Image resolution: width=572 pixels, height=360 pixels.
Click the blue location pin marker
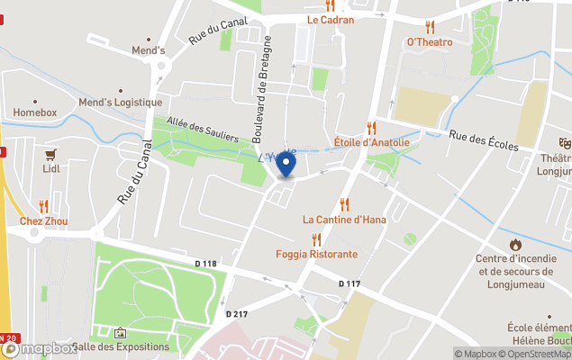(286, 165)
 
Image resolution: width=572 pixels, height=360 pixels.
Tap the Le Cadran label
(330, 19)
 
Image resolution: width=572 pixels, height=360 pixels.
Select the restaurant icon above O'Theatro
(430, 27)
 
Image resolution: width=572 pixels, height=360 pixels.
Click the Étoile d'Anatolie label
(371, 142)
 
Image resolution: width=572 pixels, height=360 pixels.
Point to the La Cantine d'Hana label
(344, 219)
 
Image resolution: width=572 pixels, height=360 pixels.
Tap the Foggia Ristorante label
(316, 254)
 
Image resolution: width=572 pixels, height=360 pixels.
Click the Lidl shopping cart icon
(50, 154)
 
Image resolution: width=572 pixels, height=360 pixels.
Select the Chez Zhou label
(43, 221)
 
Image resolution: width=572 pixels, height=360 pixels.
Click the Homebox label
(35, 112)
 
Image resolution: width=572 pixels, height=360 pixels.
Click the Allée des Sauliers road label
(203, 130)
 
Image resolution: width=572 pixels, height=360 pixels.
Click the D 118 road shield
(206, 264)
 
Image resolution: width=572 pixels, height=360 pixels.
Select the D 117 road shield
(350, 283)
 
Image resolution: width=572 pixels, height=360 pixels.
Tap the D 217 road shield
(236, 314)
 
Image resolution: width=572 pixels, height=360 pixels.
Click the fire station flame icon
(515, 244)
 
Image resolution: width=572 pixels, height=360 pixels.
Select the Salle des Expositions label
(121, 346)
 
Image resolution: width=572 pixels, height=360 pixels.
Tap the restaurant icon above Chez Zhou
(43, 207)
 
